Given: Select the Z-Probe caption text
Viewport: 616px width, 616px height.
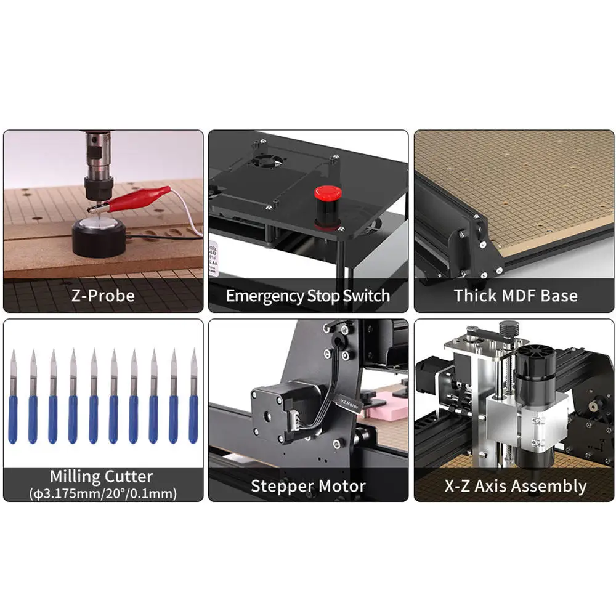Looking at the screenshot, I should [x=103, y=296].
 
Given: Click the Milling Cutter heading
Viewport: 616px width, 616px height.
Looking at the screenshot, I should [x=102, y=476].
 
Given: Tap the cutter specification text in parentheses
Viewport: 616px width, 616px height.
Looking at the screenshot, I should [x=102, y=493].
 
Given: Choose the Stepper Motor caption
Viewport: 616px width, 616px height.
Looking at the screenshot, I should [x=308, y=486].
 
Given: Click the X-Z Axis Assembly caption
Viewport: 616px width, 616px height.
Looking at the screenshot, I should [x=515, y=486].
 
